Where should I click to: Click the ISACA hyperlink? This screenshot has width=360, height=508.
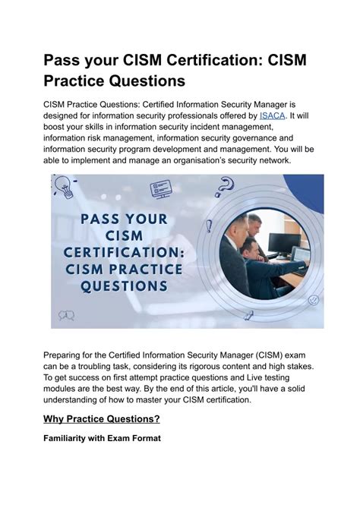pos(272,115)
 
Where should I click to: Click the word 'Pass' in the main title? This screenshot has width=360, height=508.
pos(65,60)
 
